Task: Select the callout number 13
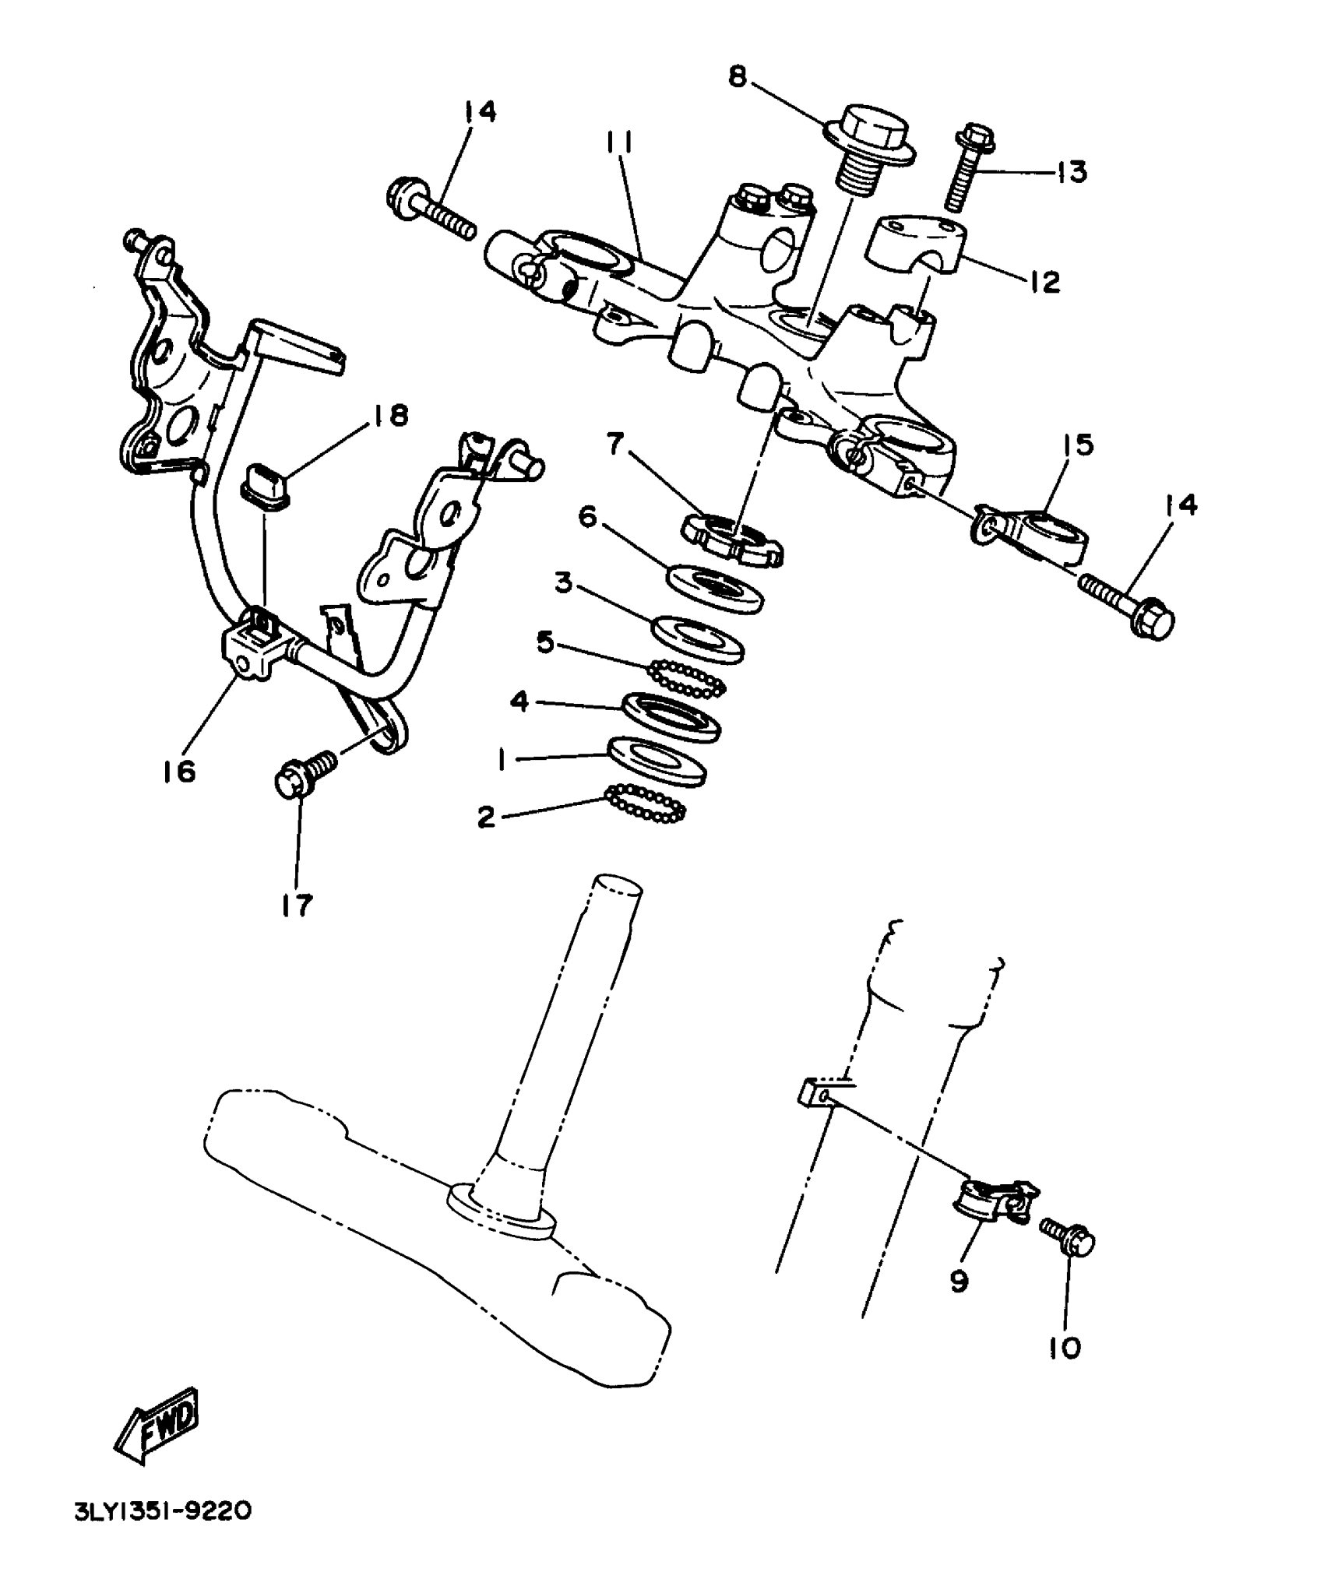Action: (x=1072, y=172)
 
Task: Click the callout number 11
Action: (x=621, y=143)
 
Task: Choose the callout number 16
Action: (x=179, y=772)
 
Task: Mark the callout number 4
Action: (x=519, y=702)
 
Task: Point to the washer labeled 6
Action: (x=715, y=589)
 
